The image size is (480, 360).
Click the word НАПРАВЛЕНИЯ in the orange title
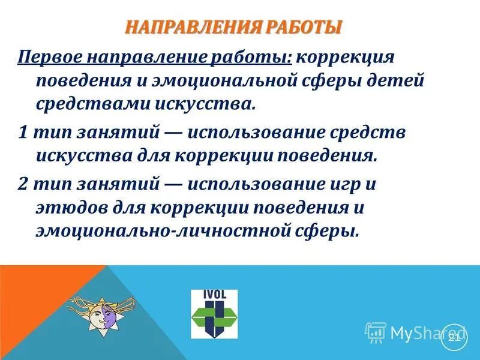click(x=184, y=28)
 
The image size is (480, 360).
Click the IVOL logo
click(x=214, y=314)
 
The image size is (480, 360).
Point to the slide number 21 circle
click(x=454, y=337)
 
